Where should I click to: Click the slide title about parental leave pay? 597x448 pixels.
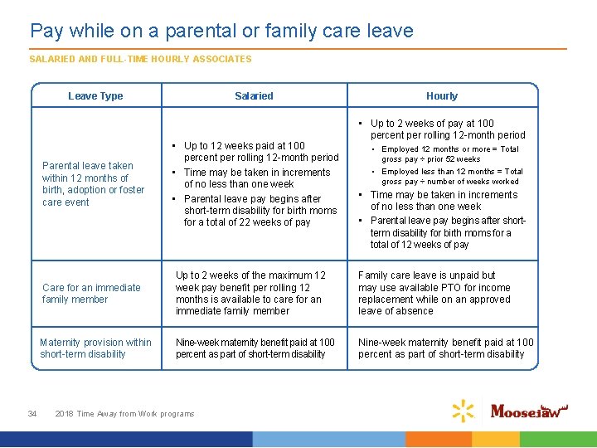tap(221, 32)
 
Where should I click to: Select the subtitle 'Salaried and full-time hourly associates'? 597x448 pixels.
tap(140, 59)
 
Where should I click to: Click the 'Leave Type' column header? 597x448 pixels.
tap(95, 96)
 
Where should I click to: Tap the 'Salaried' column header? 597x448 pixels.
tap(254, 96)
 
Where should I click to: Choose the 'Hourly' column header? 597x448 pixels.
tap(442, 96)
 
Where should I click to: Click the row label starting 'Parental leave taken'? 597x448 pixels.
tap(93, 183)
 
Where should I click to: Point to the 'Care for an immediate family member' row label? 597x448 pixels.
tap(91, 293)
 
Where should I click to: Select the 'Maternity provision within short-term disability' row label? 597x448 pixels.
tap(95, 348)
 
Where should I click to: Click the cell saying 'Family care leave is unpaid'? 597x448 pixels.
tap(434, 293)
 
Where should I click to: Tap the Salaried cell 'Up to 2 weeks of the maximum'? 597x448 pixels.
tap(250, 293)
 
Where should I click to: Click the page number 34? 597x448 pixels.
tap(32, 413)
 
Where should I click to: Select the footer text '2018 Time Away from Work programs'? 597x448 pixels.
tap(124, 413)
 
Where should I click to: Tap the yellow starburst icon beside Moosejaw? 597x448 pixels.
tap(463, 410)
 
